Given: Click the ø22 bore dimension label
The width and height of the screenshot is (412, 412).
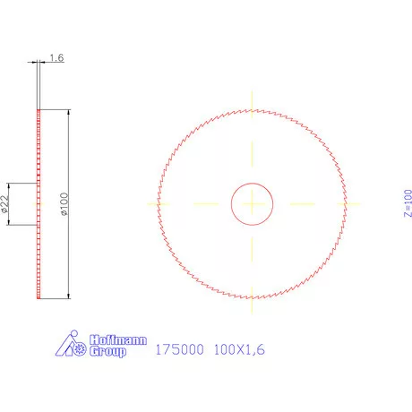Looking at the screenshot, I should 4,204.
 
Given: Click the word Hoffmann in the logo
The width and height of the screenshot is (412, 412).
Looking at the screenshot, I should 108,340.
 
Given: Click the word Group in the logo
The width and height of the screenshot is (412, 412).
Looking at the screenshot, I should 107,352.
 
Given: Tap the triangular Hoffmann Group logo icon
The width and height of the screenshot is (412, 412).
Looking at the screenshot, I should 73,345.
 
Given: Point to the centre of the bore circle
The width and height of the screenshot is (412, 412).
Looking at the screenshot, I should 253,204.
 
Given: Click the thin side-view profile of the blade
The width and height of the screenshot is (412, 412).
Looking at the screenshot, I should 39,203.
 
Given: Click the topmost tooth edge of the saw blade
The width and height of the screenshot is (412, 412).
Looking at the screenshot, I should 253,109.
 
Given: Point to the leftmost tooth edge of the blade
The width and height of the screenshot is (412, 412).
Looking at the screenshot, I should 159,204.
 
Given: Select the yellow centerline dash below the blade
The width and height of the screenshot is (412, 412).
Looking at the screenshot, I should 253,310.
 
